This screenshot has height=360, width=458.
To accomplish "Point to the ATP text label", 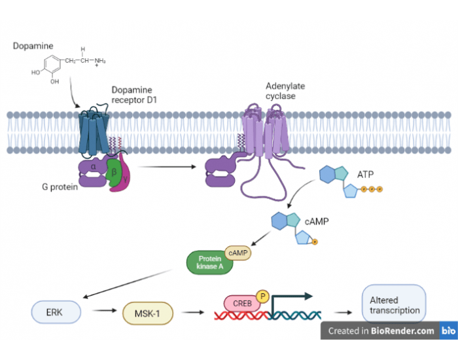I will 366,175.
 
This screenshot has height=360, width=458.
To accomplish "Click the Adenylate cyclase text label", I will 285,91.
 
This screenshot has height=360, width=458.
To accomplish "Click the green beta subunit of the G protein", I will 114,174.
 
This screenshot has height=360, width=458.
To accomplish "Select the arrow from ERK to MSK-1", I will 102,313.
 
